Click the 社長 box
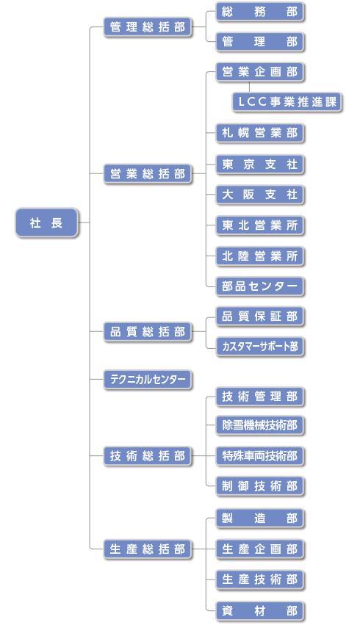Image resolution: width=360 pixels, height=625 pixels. [x=46, y=223]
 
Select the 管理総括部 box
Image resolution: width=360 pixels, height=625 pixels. [x=148, y=27]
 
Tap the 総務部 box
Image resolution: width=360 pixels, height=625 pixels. [x=260, y=12]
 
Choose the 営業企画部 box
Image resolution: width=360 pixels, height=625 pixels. [x=260, y=72]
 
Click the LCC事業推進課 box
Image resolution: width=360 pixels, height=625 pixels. [x=287, y=102]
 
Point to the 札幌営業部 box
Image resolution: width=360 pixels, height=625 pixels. [x=260, y=133]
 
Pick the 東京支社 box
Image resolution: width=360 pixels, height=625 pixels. [x=260, y=165]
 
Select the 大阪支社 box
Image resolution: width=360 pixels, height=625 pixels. [x=260, y=195]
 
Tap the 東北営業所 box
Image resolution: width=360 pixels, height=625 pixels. [x=260, y=225]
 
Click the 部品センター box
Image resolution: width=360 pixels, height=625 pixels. [x=260, y=286]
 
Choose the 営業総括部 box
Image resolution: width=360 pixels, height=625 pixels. [x=148, y=174]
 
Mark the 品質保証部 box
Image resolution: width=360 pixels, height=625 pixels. [x=260, y=317]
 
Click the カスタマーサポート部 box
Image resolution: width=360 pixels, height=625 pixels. [x=260, y=347]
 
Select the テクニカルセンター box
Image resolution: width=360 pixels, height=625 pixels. [x=148, y=379]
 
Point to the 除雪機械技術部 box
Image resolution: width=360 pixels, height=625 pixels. [x=260, y=425]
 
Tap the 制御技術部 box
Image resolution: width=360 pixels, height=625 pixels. [x=260, y=486]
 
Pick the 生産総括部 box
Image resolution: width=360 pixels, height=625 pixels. [x=148, y=549]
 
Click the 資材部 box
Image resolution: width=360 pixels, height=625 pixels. [x=260, y=610]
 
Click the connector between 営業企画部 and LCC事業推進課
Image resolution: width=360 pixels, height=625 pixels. [x=249, y=87]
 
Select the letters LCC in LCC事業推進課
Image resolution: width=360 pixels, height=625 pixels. [x=252, y=102]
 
